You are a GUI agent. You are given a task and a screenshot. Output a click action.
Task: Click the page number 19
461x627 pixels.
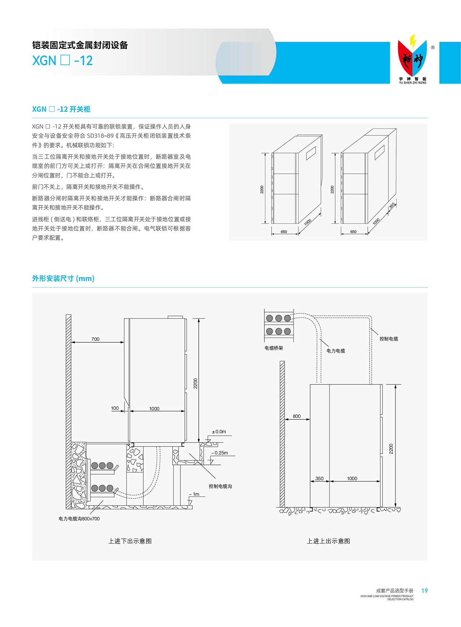pos(424,591)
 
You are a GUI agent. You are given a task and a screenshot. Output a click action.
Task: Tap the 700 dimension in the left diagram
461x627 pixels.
pos(95,339)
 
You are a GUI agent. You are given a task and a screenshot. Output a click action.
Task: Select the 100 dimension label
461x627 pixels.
pos(115,408)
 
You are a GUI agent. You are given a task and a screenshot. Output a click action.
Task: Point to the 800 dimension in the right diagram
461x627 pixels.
pos(296,416)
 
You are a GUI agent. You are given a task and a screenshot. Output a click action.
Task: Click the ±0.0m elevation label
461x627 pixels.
pos(219,432)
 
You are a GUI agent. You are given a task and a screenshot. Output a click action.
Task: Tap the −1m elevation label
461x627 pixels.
pos(194,494)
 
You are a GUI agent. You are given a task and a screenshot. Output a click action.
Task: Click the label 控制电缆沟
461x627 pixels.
pos(220,486)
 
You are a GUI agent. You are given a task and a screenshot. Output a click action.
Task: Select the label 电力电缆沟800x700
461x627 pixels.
pos(79,519)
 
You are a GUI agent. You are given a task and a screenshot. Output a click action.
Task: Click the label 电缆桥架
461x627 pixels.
pos(274,348)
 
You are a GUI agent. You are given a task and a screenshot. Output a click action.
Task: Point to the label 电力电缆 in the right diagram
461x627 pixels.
pos(336,351)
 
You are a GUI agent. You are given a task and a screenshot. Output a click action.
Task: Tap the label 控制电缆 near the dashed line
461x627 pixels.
pos(389,339)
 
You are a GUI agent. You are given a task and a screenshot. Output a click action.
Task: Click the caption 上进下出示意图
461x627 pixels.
pos(130,541)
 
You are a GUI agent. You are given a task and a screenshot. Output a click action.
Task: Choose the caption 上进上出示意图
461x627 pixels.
pos(328,541)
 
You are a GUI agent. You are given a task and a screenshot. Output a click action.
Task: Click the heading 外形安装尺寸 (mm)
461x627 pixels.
pos(63,278)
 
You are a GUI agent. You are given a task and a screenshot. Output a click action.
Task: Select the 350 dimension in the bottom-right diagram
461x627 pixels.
pos(319,479)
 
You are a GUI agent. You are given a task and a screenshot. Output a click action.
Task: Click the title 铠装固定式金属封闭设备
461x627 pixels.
pos(80,45)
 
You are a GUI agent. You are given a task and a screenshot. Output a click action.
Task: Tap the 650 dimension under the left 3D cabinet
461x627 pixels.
pos(284,232)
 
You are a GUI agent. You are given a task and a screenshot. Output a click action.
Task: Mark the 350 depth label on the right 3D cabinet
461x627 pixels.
pos(392,206)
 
